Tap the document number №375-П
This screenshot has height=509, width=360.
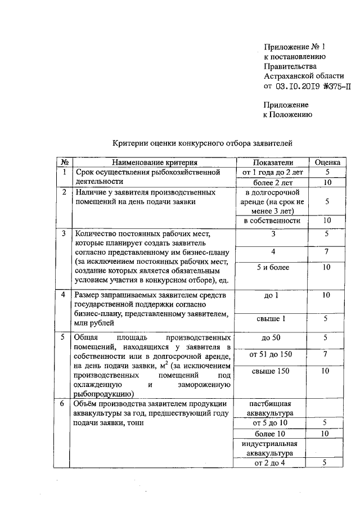click(x=336, y=86)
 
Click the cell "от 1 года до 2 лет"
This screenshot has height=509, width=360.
click(x=272, y=172)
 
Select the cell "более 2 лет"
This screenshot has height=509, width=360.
click(x=272, y=182)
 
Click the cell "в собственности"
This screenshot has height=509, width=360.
click(x=272, y=220)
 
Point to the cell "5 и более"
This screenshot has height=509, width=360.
click(x=272, y=268)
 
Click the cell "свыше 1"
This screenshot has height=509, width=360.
click(x=272, y=319)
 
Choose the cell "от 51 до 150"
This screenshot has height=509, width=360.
click(x=272, y=354)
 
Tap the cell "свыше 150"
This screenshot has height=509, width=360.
click(x=272, y=371)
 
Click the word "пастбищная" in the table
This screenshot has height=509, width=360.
click(x=272, y=403)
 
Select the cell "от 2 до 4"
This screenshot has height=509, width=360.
click(x=272, y=462)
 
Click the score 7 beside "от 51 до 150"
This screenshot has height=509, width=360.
click(x=326, y=354)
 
